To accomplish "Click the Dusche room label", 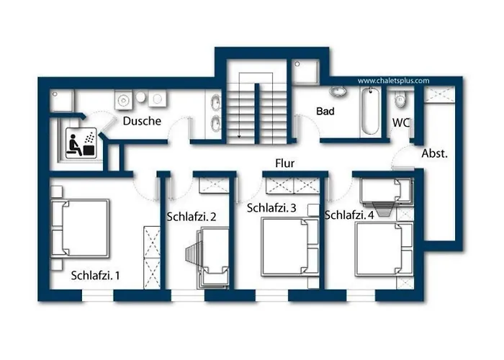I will pyautogui.click(x=142, y=121).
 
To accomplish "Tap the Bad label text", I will pyautogui.click(x=325, y=112).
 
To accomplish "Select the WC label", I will pyautogui.click(x=400, y=122).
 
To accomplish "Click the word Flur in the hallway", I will pyautogui.click(x=285, y=163).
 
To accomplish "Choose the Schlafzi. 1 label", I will pyautogui.click(x=96, y=275).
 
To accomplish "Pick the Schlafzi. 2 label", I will pyautogui.click(x=192, y=216).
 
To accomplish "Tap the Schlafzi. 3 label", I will pyautogui.click(x=271, y=208).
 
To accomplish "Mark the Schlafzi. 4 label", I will pyautogui.click(x=349, y=215).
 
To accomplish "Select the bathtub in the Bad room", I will pyautogui.click(x=369, y=112).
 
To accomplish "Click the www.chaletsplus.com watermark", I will pyautogui.click(x=393, y=81).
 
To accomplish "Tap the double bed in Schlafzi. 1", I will pyautogui.click(x=79, y=229).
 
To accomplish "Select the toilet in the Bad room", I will pyautogui.click(x=337, y=92).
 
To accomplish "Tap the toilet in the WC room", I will pyautogui.click(x=401, y=98).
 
